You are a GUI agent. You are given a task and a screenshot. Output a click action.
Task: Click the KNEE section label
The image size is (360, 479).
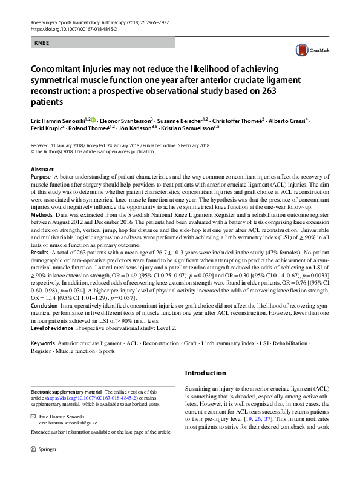[x=42, y=43]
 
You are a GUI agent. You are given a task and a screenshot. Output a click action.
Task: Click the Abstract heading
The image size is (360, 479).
[x=42, y=170]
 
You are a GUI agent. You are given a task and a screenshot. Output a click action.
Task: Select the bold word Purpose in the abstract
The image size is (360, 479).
[x=41, y=177]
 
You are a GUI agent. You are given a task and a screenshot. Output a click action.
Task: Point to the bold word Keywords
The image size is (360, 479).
[x=44, y=342]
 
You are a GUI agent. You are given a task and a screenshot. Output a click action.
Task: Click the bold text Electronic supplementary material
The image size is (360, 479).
[x=67, y=392]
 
